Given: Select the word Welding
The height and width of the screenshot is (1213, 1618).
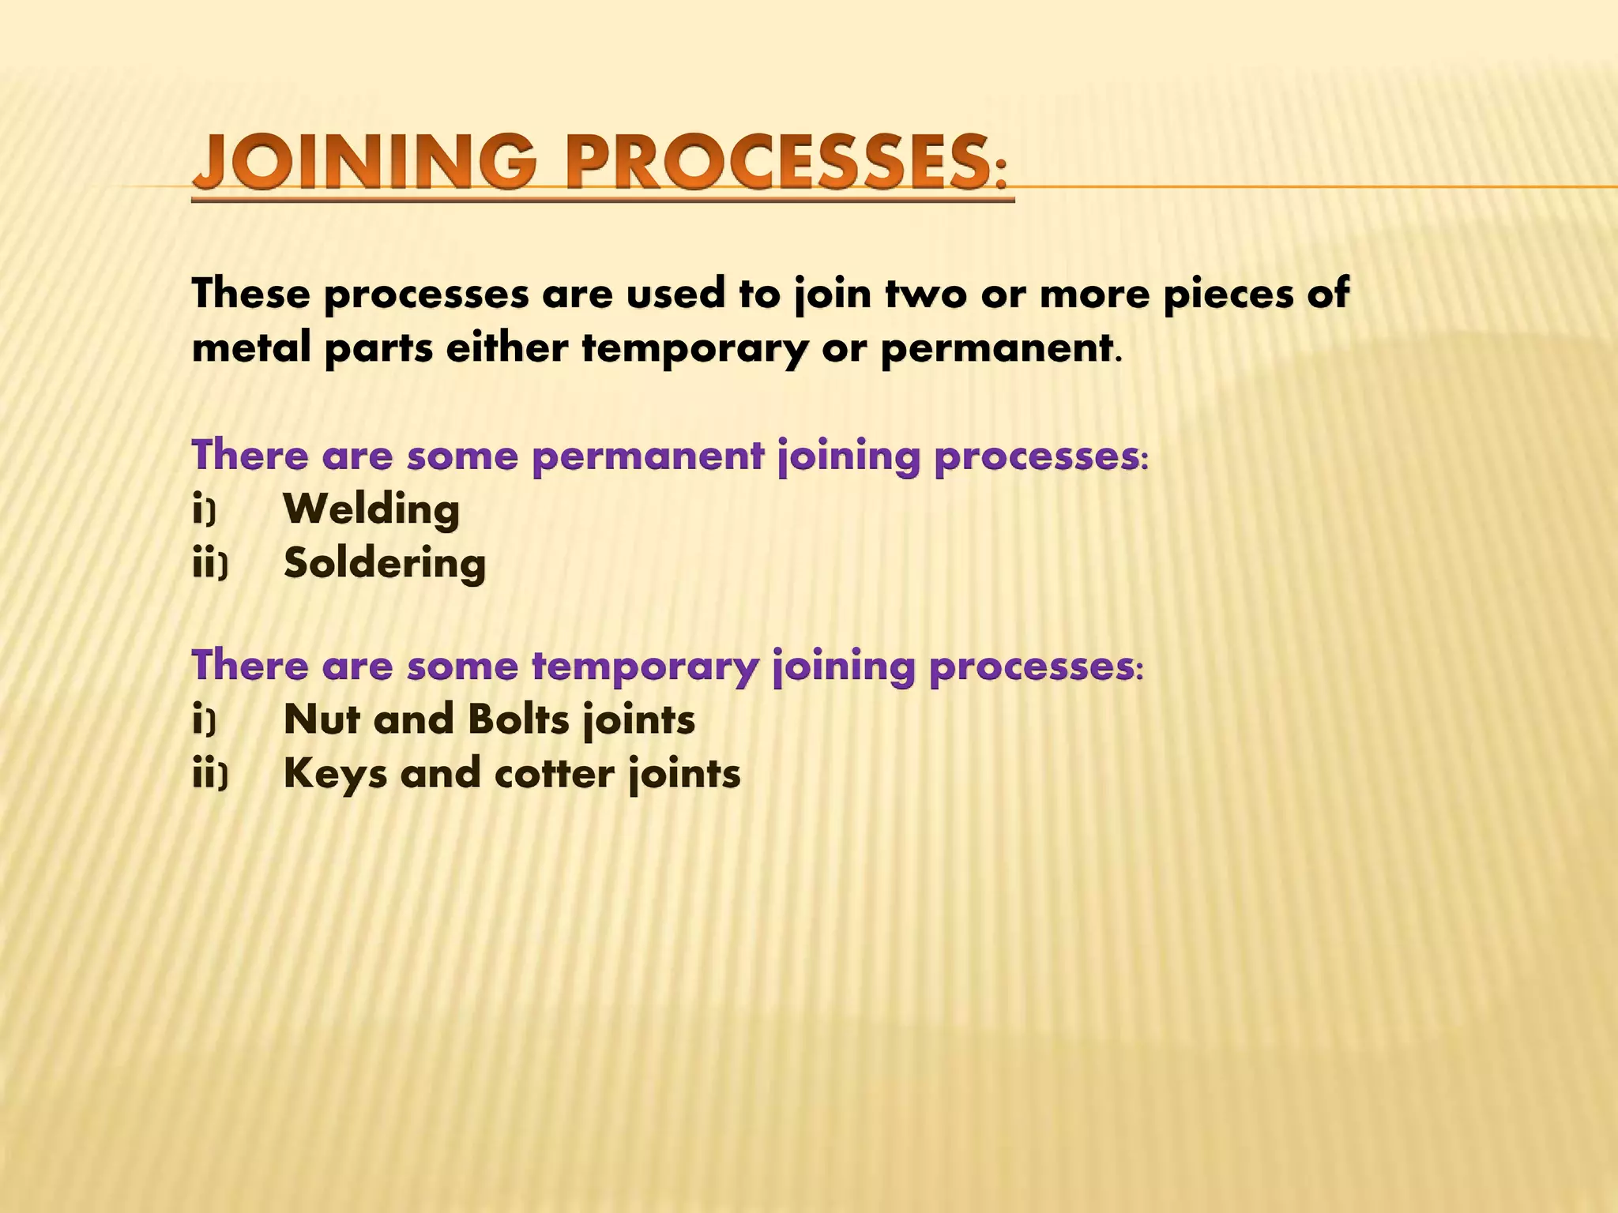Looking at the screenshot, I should pyautogui.click(x=371, y=509).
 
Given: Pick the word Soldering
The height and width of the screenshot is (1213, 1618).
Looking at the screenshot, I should pyautogui.click(x=385, y=564).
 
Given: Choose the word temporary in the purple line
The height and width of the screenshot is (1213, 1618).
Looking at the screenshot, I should pyautogui.click(x=645, y=666).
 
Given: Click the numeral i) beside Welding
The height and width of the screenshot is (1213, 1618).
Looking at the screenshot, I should pyautogui.click(x=204, y=510).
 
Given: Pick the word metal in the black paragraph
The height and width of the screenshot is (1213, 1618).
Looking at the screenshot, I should pyautogui.click(x=251, y=347).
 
